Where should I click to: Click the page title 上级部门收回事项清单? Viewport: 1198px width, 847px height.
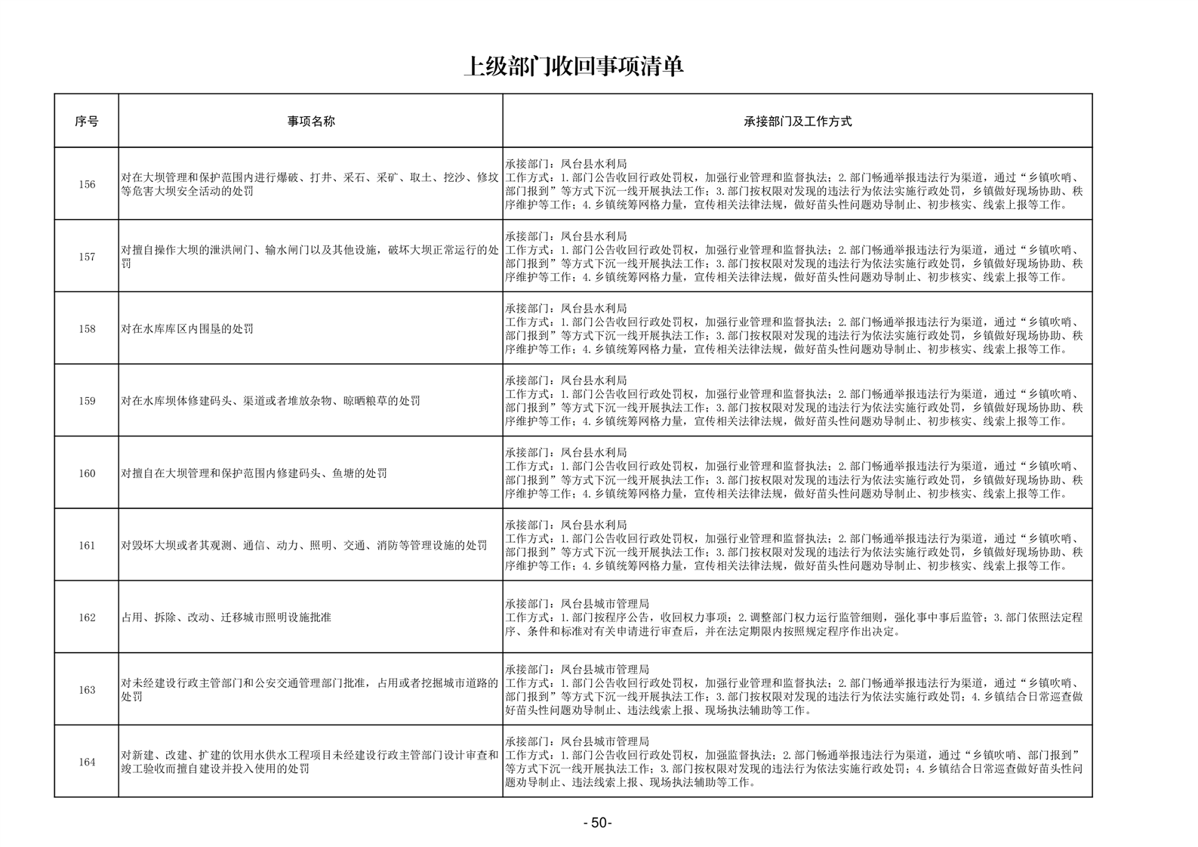573,67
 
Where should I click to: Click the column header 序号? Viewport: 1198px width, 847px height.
86,121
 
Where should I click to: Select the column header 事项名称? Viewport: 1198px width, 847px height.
310,121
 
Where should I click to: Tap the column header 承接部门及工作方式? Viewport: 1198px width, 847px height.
797,121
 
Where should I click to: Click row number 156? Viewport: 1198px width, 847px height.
87,184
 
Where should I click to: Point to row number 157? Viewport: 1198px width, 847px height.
87,257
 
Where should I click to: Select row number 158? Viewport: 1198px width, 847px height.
87,329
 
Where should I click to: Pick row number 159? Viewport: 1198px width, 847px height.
87,401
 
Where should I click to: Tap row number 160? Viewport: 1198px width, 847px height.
87,473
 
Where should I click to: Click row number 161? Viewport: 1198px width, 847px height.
87,545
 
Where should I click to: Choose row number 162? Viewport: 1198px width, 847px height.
87,618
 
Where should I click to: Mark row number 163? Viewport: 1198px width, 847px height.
87,690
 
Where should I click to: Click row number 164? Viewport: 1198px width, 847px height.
87,762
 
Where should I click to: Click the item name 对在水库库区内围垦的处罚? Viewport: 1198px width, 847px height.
187,329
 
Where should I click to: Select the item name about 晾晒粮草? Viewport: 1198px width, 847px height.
270,401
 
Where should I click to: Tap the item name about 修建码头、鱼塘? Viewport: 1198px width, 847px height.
254,473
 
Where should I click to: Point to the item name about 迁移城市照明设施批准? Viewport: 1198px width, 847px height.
226,618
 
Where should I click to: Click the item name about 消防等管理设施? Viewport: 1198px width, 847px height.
303,545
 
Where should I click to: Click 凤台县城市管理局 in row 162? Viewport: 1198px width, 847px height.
604,604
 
